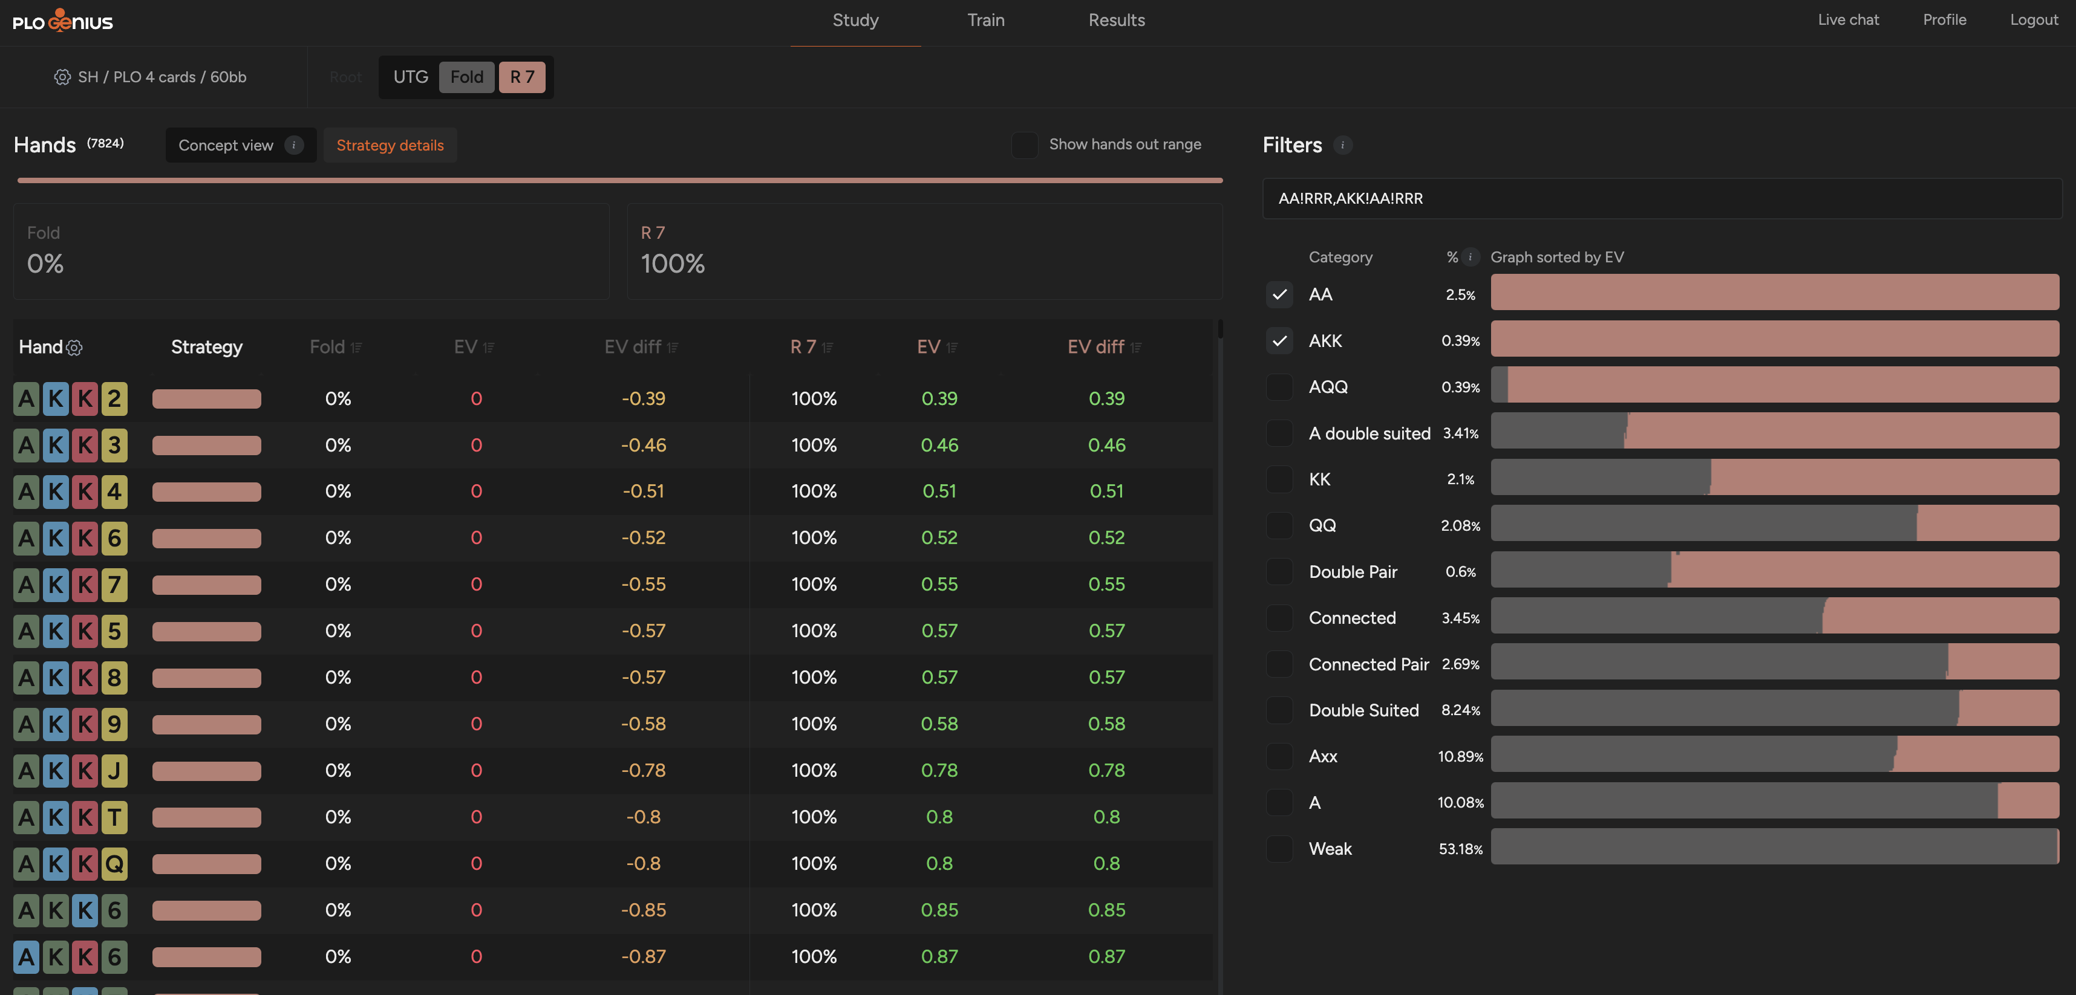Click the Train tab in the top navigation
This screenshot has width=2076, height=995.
985,20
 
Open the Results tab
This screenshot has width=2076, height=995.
1116,20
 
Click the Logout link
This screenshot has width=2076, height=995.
2033,20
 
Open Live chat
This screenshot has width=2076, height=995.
1848,20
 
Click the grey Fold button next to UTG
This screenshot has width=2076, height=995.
466,77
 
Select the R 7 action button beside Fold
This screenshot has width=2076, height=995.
522,77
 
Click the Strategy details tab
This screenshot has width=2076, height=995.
390,145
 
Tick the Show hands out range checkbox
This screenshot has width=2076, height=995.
1024,145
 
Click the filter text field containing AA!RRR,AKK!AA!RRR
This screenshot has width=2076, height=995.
1662,198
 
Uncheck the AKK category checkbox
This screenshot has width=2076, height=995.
1279,341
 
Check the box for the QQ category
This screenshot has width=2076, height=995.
1279,525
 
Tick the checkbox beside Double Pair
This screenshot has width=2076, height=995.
1279,571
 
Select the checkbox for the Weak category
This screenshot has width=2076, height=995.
1279,848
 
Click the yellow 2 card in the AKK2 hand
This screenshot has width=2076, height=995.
114,399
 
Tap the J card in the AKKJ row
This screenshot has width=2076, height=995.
114,771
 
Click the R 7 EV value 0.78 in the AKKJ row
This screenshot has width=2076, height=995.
939,770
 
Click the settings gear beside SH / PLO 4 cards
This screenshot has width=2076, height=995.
62,77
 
